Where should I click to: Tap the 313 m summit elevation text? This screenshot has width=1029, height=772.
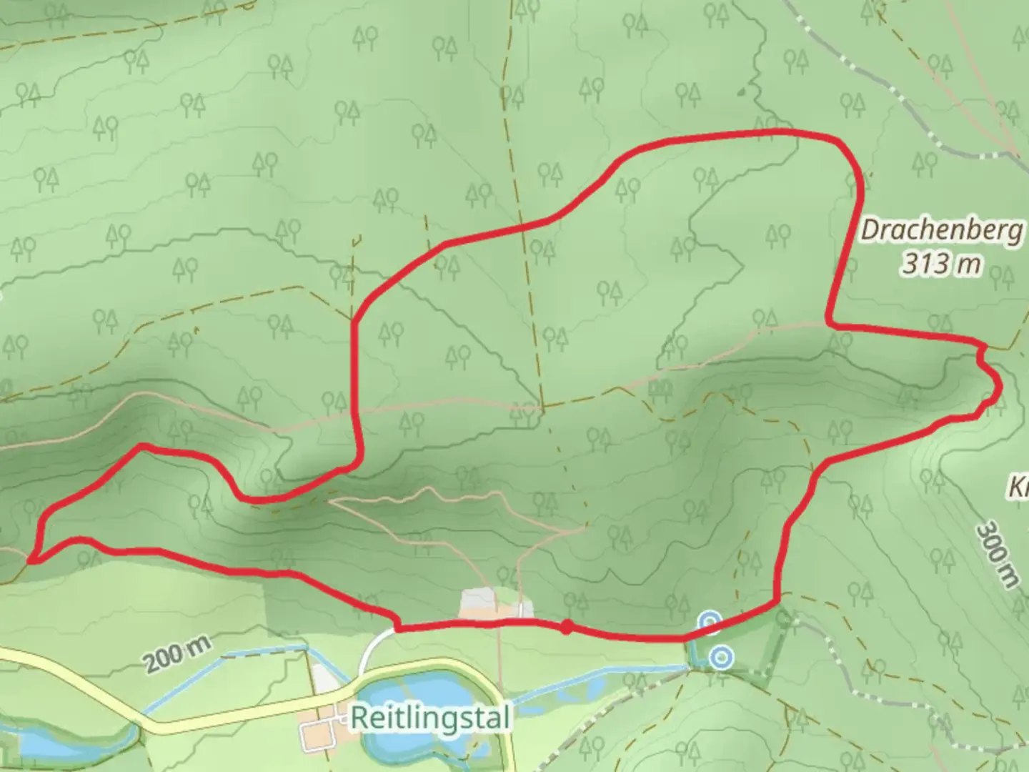click(x=940, y=264)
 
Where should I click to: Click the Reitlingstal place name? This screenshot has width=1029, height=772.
click(x=431, y=717)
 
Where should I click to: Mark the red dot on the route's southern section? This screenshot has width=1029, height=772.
click(x=566, y=627)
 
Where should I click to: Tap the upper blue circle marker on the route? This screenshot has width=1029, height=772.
click(x=709, y=622)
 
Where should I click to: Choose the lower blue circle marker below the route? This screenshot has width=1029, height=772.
click(x=722, y=656)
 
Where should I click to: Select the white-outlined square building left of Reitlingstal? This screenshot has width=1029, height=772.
click(x=314, y=736)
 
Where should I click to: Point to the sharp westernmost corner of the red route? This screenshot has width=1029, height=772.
click(x=31, y=560)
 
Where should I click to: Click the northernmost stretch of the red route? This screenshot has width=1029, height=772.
click(x=772, y=133)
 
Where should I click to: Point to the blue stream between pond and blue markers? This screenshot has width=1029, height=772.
click(x=607, y=678)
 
